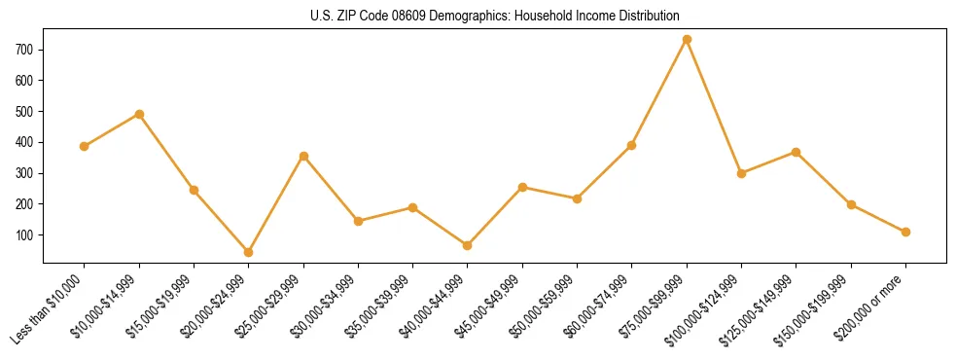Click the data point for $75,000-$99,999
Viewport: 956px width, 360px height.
pyautogui.click(x=687, y=39)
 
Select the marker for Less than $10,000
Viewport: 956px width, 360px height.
pyautogui.click(x=85, y=146)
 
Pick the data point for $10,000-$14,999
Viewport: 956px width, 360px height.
pyautogui.click(x=139, y=114)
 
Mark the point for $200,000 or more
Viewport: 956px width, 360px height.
pyautogui.click(x=905, y=232)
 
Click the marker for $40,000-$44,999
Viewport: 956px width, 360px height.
pyautogui.click(x=468, y=245)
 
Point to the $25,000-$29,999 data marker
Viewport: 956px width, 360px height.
pyautogui.click(x=303, y=156)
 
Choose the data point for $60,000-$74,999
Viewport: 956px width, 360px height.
pyautogui.click(x=632, y=145)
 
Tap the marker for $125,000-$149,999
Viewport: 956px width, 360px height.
pyautogui.click(x=796, y=152)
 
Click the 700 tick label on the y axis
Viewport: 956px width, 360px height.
pyautogui.click(x=25, y=49)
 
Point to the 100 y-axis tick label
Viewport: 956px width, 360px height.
pyautogui.click(x=25, y=235)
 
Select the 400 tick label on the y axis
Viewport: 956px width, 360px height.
pyautogui.click(x=25, y=142)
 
